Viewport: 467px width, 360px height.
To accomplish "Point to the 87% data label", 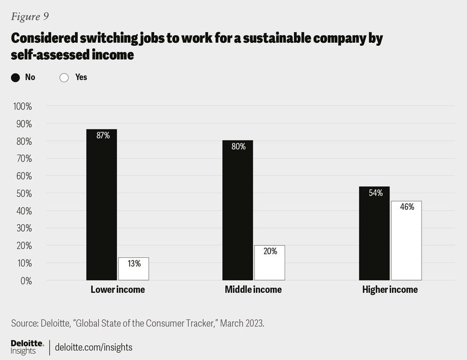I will click(x=103, y=136).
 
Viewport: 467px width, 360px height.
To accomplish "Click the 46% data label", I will click(x=407, y=207).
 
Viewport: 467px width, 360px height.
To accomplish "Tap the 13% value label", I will click(x=134, y=264).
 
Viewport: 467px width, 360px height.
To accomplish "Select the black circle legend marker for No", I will click(x=15, y=77).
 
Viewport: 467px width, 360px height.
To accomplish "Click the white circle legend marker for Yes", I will click(x=64, y=77).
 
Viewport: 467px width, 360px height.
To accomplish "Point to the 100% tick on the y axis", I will click(x=21, y=107).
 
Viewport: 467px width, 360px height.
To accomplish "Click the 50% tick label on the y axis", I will click(x=23, y=194).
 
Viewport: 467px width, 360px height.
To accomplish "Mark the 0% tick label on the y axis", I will click(x=25, y=281).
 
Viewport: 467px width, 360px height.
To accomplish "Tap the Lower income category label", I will click(x=118, y=289).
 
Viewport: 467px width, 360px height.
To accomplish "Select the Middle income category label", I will click(x=253, y=289).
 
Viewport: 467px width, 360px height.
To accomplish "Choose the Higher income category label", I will click(x=390, y=289).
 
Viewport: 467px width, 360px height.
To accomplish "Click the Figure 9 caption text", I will click(x=30, y=17).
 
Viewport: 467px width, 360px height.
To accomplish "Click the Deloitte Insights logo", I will click(x=27, y=347).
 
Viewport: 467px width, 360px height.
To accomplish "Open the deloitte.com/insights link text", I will click(x=93, y=347).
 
